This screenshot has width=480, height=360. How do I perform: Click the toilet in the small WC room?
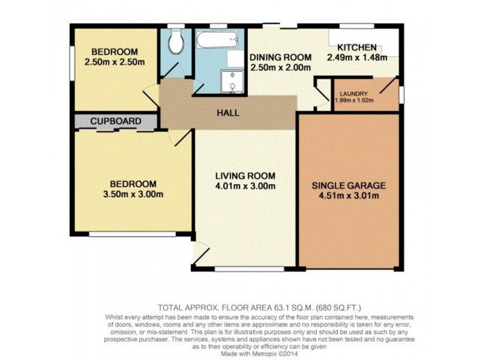[x=175, y=43]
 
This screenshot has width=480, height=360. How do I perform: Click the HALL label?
[x=228, y=113]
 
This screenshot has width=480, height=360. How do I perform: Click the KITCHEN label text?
[x=356, y=47]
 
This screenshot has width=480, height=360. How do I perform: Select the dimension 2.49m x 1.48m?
[x=357, y=58]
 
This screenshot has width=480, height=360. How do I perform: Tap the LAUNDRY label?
[x=354, y=94]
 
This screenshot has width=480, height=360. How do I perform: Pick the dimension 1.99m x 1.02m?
[x=356, y=100]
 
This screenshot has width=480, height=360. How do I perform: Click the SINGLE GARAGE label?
[x=348, y=185]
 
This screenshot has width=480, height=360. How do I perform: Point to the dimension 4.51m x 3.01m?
[x=348, y=196]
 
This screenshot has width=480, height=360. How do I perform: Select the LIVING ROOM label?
[x=245, y=176]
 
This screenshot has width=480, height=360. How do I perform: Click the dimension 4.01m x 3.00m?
[x=245, y=186]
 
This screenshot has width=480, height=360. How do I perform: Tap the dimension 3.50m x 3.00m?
[x=133, y=194]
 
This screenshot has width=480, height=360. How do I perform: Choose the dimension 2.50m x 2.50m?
[x=114, y=62]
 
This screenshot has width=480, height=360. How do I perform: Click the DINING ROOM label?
[x=281, y=58]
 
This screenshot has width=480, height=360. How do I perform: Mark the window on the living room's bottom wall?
[x=248, y=268]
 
